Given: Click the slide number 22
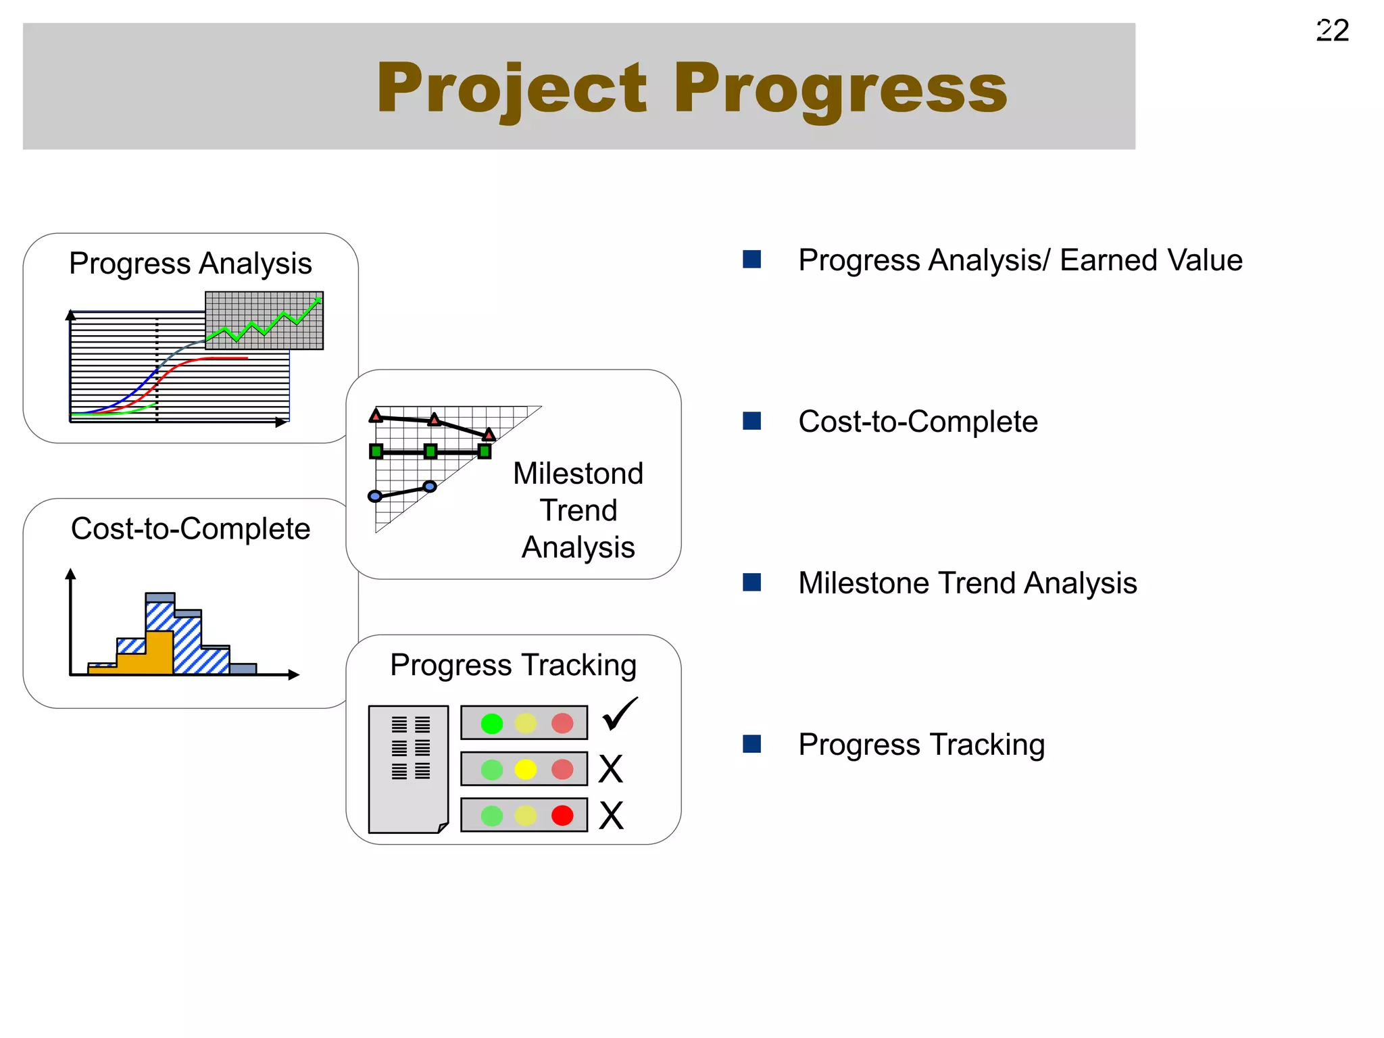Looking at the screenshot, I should [x=1332, y=30].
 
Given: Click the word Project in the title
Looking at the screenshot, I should [x=512, y=89].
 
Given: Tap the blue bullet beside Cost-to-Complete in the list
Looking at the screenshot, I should [x=751, y=421].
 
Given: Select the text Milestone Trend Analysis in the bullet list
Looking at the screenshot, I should [x=967, y=583].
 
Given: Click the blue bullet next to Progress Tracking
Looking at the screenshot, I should [x=751, y=744].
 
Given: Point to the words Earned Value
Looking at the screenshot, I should [x=1151, y=260].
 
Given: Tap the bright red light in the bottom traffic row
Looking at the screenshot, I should [x=562, y=816].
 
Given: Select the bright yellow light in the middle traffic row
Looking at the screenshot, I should [x=525, y=769].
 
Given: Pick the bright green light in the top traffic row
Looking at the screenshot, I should [x=491, y=724].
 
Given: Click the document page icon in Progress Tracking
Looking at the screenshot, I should [x=408, y=769].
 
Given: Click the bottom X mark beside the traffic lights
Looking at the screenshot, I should [x=611, y=816].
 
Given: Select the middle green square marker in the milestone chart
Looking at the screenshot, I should [x=430, y=451].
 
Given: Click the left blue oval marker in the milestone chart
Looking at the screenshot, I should [x=375, y=497].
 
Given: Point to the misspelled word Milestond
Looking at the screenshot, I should [x=578, y=474].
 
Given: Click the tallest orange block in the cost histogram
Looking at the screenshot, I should [x=159, y=652].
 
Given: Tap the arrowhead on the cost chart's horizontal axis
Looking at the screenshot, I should [x=293, y=674].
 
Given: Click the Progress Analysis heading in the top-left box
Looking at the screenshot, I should [x=191, y=264].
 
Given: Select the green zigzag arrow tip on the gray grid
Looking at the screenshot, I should [x=318, y=300].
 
